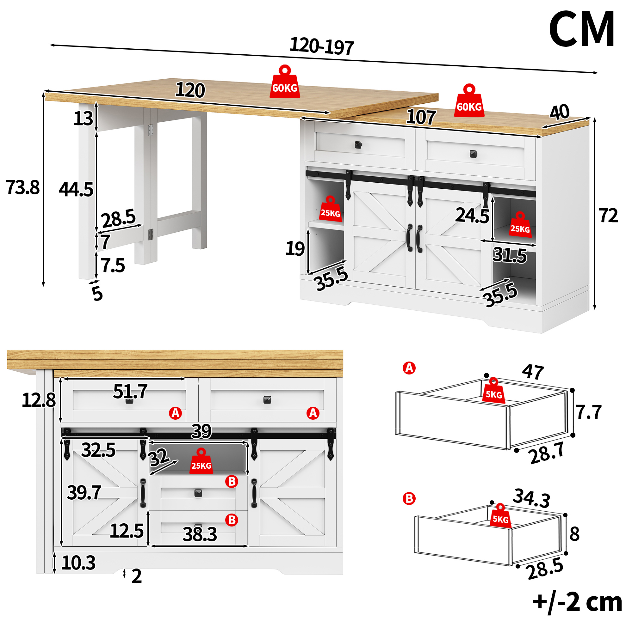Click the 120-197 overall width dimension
click(321, 46)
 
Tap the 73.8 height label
click(22, 187)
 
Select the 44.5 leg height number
click(76, 190)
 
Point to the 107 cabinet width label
click(421, 117)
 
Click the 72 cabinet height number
click(608, 216)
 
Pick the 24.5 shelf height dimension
click(472, 216)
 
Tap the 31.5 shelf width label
click(509, 255)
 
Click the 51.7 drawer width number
click(130, 391)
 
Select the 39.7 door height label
click(84, 493)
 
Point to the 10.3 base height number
click(78, 563)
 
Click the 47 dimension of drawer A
click(533, 372)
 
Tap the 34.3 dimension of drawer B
click(531, 498)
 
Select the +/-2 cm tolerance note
click(578, 602)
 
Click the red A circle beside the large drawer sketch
click(409, 368)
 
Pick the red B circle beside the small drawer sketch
click(409, 498)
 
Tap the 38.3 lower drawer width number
click(200, 534)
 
